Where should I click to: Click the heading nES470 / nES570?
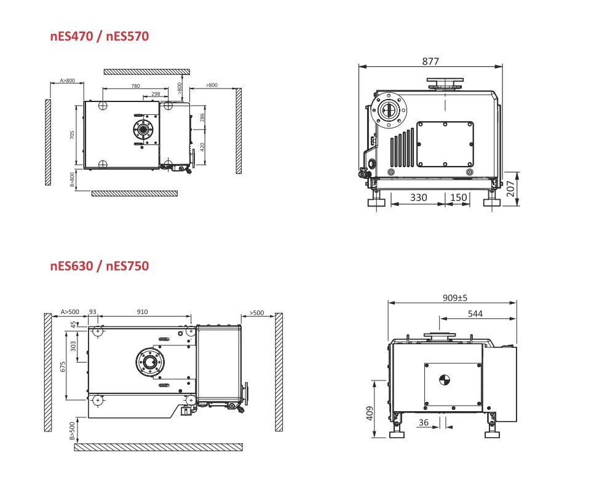(100, 36)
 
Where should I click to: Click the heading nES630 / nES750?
(100, 266)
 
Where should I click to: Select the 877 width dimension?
(430, 61)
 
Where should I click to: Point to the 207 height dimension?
(510, 189)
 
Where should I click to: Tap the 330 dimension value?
(419, 197)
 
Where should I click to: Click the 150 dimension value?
(458, 197)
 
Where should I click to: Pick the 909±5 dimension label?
(455, 298)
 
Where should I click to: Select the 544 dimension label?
(475, 314)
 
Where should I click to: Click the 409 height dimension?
(370, 414)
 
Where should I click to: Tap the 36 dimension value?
(424, 422)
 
